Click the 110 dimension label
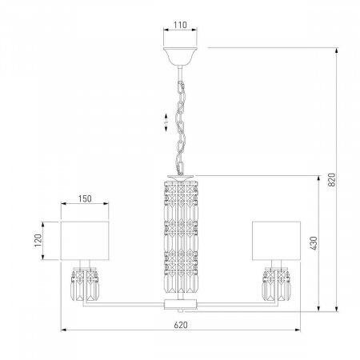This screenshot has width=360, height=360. (180, 25)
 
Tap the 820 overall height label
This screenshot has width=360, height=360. (331, 179)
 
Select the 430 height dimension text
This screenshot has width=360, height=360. (314, 243)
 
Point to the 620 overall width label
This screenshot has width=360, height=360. (181, 325)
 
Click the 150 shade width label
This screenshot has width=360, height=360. (85, 198)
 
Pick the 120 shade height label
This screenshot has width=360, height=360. (38, 240)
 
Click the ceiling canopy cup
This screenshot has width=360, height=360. (180, 56)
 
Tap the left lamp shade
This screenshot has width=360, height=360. (85, 240)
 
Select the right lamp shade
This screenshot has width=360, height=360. (276, 240)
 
